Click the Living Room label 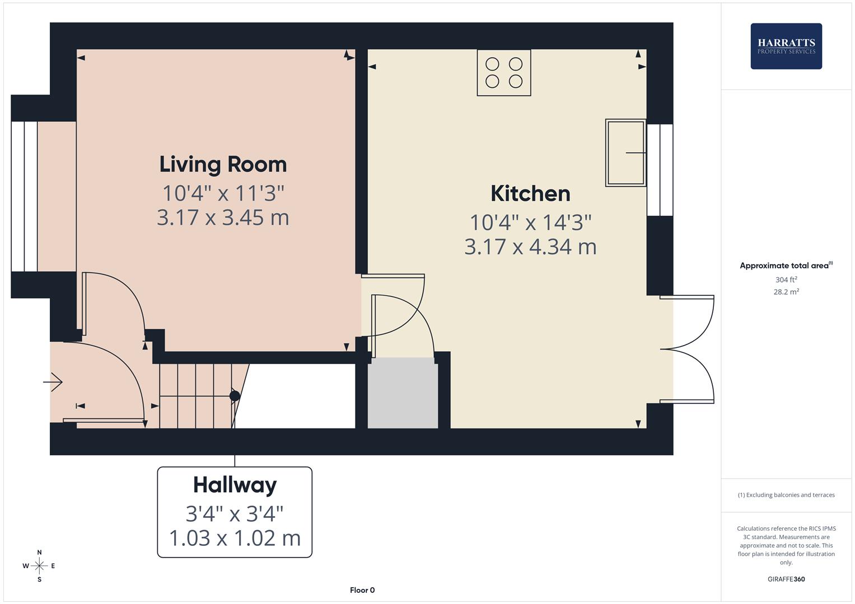223,164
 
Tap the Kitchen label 530,194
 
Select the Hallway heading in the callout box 235,485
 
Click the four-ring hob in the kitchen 504,73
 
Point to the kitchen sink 625,152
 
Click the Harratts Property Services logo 786,46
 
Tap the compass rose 39,566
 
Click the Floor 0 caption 362,590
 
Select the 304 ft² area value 786,280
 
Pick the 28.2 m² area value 786,292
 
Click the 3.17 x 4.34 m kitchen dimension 530,247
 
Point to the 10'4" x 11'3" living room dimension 223,194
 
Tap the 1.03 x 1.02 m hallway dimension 235,538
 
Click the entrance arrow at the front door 53,382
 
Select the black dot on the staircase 235,396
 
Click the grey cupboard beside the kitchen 403,393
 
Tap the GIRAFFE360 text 786,579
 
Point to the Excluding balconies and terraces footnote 786,495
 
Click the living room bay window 24,196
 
